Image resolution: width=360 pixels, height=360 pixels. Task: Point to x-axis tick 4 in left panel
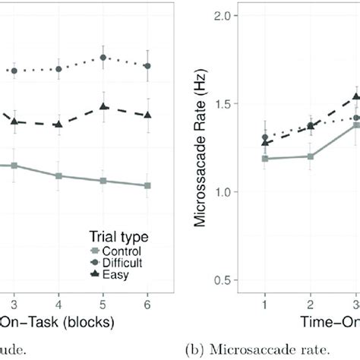tap(58, 301)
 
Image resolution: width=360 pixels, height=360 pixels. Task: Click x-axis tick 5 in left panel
tap(103, 301)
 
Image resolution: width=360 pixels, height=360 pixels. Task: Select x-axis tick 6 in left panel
tap(147, 301)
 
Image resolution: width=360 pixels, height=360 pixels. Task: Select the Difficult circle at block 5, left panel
tap(103, 57)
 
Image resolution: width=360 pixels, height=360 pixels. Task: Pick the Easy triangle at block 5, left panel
tap(103, 107)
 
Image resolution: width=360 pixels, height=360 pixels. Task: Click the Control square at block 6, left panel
tap(147, 185)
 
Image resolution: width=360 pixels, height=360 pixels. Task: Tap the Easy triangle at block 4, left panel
tap(58, 124)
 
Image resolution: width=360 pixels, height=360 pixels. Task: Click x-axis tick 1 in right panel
tap(264, 301)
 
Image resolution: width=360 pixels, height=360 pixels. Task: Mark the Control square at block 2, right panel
tap(310, 156)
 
